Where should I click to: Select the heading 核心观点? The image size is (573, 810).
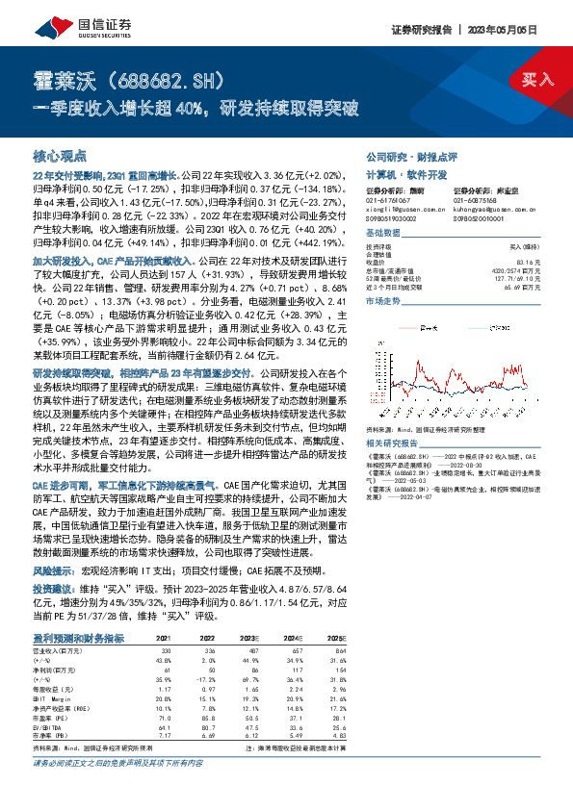(x=61, y=155)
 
